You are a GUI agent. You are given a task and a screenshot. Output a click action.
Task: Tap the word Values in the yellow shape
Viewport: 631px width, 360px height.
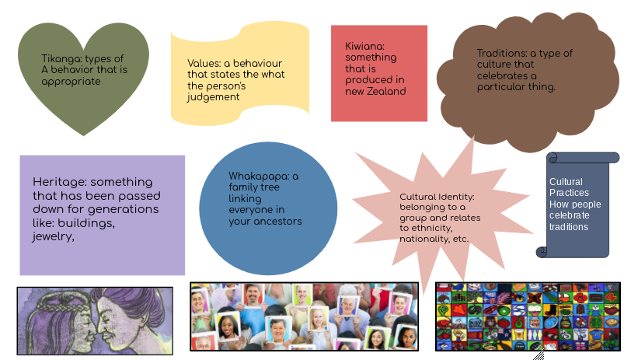(x=203, y=63)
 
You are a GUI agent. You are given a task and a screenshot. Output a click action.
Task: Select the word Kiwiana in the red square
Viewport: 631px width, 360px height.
(x=364, y=47)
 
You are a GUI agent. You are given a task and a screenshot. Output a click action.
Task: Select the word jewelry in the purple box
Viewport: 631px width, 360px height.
(x=53, y=237)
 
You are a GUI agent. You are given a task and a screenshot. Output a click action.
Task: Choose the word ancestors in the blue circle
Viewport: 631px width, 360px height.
(x=277, y=222)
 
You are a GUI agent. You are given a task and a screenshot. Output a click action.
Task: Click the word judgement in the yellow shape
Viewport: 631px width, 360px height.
(x=213, y=97)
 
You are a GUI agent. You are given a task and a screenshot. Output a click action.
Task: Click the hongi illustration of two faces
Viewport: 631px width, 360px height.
(x=95, y=319)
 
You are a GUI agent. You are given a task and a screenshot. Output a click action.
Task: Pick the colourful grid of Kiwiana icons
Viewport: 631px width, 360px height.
(x=528, y=316)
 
